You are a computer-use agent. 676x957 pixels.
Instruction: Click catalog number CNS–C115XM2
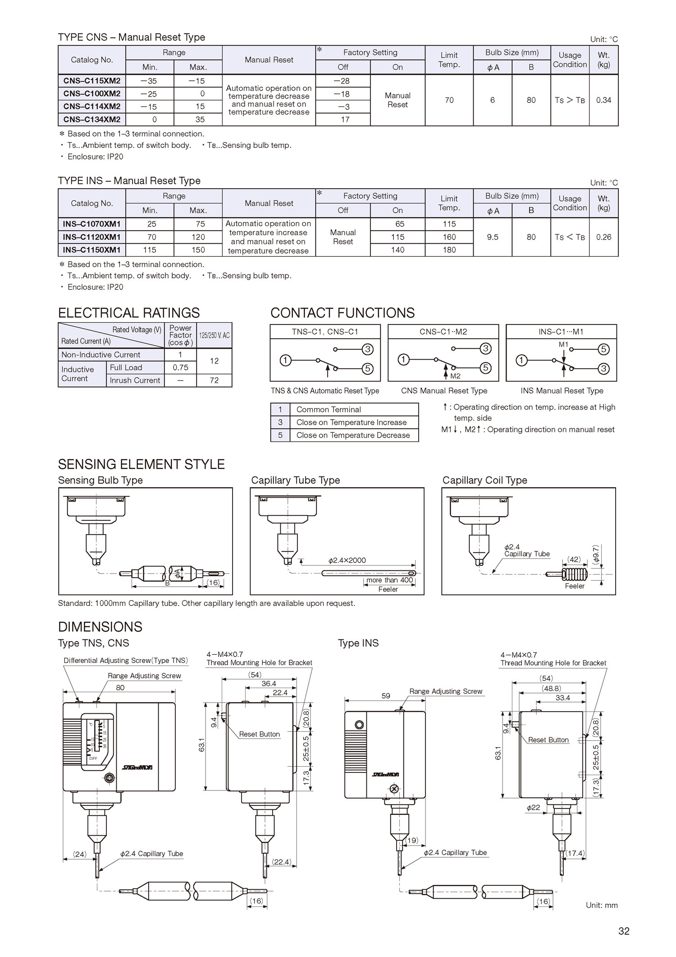pos(92,81)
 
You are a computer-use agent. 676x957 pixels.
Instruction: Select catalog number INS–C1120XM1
pos(92,237)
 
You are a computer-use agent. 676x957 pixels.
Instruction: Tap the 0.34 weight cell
pos(603,100)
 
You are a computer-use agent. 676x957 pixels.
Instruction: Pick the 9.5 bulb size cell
pos(493,237)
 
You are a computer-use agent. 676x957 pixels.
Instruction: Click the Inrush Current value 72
pos(214,380)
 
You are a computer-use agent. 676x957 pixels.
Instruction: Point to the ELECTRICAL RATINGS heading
pos(129,313)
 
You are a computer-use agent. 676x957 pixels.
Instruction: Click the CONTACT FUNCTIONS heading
pos(342,313)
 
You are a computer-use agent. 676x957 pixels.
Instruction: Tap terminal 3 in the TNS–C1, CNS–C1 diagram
pos(368,349)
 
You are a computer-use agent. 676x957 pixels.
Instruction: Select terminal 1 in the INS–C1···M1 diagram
pos(521,360)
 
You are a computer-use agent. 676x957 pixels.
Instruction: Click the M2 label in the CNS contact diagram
pos(455,376)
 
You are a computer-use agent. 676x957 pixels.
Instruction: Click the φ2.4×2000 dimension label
pos(347,560)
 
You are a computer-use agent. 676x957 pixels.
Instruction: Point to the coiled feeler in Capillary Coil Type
pos(575,574)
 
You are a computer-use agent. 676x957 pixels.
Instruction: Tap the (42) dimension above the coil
pos(574,559)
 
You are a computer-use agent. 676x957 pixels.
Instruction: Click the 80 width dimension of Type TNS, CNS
pos(120,688)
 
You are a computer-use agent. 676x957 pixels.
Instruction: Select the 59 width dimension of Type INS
pos(386,696)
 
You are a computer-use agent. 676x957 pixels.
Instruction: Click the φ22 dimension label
pos(533,807)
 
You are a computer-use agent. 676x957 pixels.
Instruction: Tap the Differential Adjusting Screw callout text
pos(126,661)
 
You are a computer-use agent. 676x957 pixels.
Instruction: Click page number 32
pos(624,931)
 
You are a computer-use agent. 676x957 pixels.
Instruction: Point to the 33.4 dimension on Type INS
pos(563,698)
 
